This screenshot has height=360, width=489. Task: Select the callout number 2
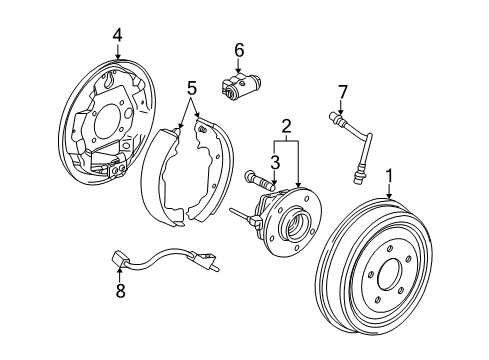pos(287,127)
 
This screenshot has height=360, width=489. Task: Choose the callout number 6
pos(239,49)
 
